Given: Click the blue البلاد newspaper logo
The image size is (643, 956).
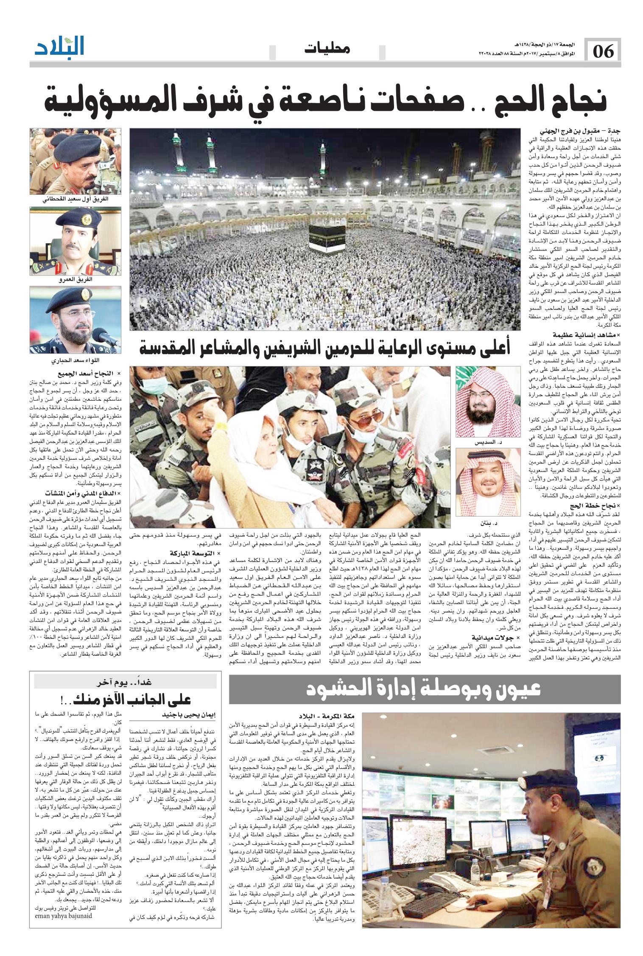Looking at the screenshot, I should click(x=59, y=46).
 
